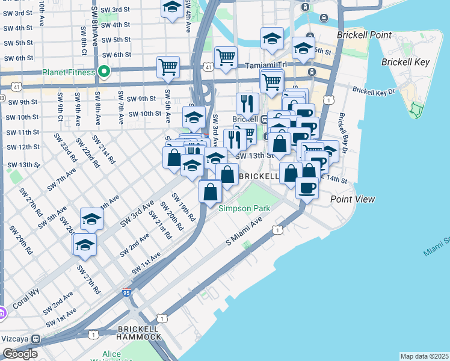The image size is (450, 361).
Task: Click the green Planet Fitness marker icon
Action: click(104, 72)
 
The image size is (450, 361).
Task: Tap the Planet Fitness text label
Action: click(68, 73)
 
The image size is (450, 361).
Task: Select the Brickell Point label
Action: click(365, 35)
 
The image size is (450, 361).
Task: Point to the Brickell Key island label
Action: click(404, 62)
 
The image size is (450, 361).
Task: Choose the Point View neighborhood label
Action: click(353, 199)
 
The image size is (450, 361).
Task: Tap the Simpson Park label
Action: click(244, 208)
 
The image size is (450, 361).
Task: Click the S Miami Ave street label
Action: click(244, 232)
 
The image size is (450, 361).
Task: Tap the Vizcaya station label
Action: click(17, 339)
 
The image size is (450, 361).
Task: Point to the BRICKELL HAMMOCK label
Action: click(140, 333)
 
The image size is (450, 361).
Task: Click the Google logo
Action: click(19, 354)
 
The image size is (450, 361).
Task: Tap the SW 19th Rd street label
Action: click(184, 206)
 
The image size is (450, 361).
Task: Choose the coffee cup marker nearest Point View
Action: click(307, 187)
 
